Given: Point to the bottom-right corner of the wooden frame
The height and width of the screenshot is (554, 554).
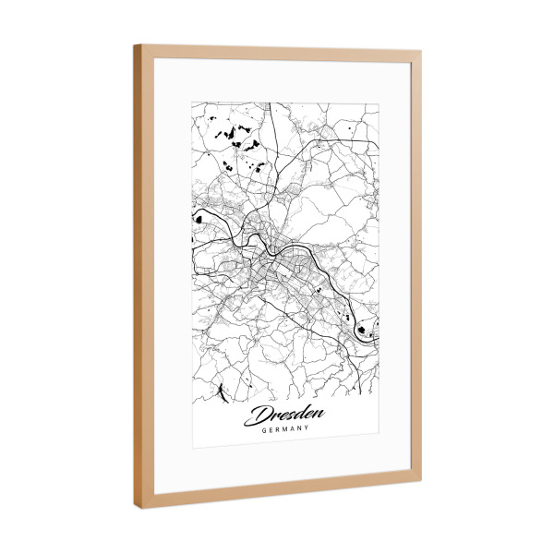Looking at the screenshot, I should (421, 479).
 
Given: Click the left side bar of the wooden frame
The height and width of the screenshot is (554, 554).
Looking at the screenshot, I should (144, 277).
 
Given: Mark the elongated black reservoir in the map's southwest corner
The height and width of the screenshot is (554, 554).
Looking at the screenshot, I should (223, 395).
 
